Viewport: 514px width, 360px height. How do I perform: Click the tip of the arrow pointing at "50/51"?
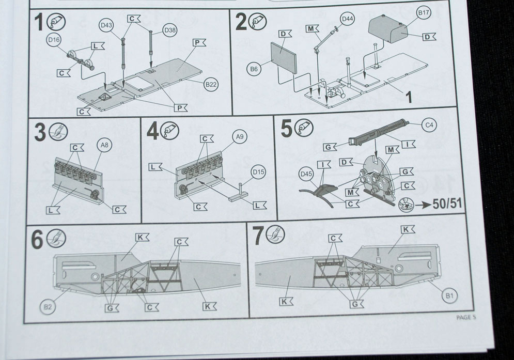click(431, 205)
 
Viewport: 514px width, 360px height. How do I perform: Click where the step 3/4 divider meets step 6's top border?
click(141, 224)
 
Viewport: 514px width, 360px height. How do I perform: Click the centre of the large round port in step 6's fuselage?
click(95, 277)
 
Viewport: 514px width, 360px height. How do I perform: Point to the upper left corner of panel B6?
click(271, 43)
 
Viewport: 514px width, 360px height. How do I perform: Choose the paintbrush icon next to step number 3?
click(58, 132)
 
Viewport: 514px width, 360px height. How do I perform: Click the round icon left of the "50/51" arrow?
click(405, 205)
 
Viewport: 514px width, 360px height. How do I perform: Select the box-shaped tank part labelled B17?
click(386, 29)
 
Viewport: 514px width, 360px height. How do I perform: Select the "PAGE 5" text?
click(466, 317)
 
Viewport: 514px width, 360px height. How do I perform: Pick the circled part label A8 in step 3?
click(105, 146)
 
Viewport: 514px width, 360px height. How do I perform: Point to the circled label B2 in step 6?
click(48, 307)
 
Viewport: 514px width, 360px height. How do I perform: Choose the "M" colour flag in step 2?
click(313, 29)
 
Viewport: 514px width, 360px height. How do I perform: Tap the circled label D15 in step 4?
click(258, 172)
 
